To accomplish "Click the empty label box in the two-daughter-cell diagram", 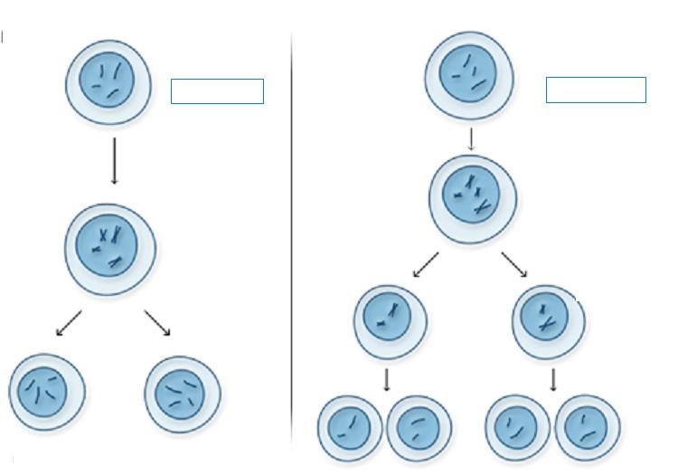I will (217, 91).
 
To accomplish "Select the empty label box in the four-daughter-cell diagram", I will (596, 90).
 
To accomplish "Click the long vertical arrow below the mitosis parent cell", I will (114, 160).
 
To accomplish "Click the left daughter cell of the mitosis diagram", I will (48, 393).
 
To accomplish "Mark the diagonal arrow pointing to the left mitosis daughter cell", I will (69, 323).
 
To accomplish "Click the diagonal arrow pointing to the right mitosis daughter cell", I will (157, 323).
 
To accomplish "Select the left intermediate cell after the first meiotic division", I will (390, 320).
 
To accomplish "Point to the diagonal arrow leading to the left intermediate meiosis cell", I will (425, 265).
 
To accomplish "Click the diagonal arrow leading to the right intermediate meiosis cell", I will (514, 264).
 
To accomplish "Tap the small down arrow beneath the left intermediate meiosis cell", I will (387, 379).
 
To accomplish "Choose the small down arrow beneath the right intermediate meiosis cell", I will (552, 379).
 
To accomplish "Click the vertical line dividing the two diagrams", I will (292, 235).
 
